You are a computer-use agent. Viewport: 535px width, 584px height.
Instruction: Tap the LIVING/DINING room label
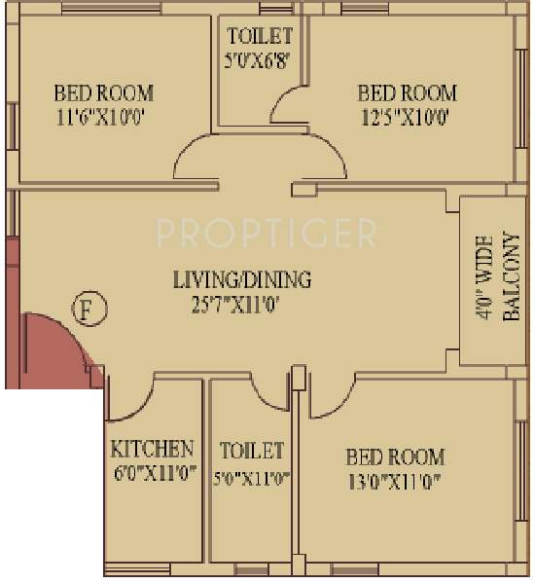tap(241, 280)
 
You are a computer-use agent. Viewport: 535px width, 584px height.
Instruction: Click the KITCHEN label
tap(152, 450)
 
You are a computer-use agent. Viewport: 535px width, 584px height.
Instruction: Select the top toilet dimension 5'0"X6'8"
tap(259, 59)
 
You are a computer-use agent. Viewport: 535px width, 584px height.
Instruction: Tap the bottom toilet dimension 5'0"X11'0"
tap(252, 477)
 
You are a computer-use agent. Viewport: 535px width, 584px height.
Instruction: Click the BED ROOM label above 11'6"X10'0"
tap(103, 93)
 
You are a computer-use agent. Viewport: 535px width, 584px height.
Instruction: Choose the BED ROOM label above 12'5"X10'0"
tap(407, 93)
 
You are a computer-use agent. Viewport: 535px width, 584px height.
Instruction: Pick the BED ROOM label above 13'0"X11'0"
tap(395, 456)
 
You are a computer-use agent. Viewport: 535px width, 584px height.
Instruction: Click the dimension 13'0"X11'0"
tap(395, 481)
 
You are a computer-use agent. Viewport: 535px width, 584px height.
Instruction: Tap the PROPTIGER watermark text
tap(266, 233)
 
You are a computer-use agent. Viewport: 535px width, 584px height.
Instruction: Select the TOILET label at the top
tap(259, 36)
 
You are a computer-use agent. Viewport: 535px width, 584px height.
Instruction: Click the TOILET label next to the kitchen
tap(252, 451)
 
